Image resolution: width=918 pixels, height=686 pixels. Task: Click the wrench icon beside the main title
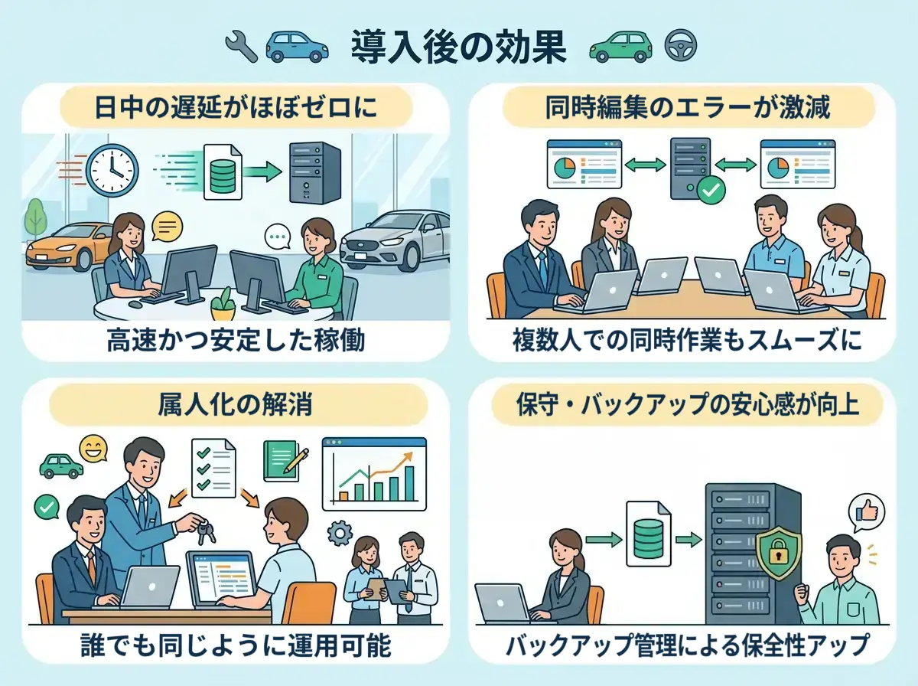point(242,47)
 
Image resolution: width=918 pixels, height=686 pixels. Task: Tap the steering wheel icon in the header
point(678,47)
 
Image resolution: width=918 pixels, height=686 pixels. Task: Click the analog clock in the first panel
point(112,170)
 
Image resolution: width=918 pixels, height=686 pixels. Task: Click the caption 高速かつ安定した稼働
point(235,341)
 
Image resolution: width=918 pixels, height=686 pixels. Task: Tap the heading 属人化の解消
point(235,404)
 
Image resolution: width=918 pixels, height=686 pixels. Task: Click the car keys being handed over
point(203,529)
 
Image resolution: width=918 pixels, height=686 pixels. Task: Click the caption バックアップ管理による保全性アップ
point(687,645)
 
